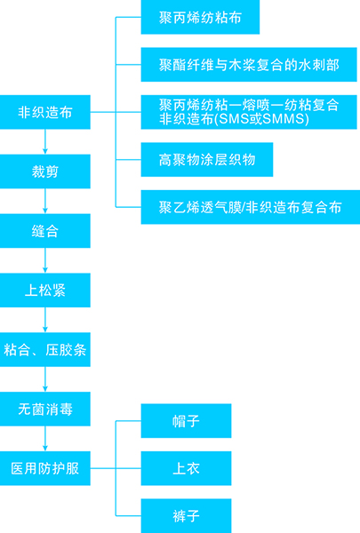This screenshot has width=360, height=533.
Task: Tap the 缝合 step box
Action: point(45,231)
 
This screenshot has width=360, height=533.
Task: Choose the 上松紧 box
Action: point(45,290)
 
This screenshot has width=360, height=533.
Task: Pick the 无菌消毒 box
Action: point(45,410)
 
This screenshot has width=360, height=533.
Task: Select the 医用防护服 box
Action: point(45,468)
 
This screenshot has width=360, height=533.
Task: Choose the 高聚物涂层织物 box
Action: point(206,160)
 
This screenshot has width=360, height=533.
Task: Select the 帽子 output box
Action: point(186,420)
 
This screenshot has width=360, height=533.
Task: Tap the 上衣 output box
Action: point(186,468)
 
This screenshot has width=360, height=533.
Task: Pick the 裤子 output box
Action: point(186,515)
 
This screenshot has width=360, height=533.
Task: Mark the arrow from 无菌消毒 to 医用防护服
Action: point(45,439)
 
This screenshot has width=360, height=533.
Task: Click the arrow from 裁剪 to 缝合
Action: point(45,202)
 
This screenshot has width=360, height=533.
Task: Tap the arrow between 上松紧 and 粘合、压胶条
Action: point(45,321)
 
